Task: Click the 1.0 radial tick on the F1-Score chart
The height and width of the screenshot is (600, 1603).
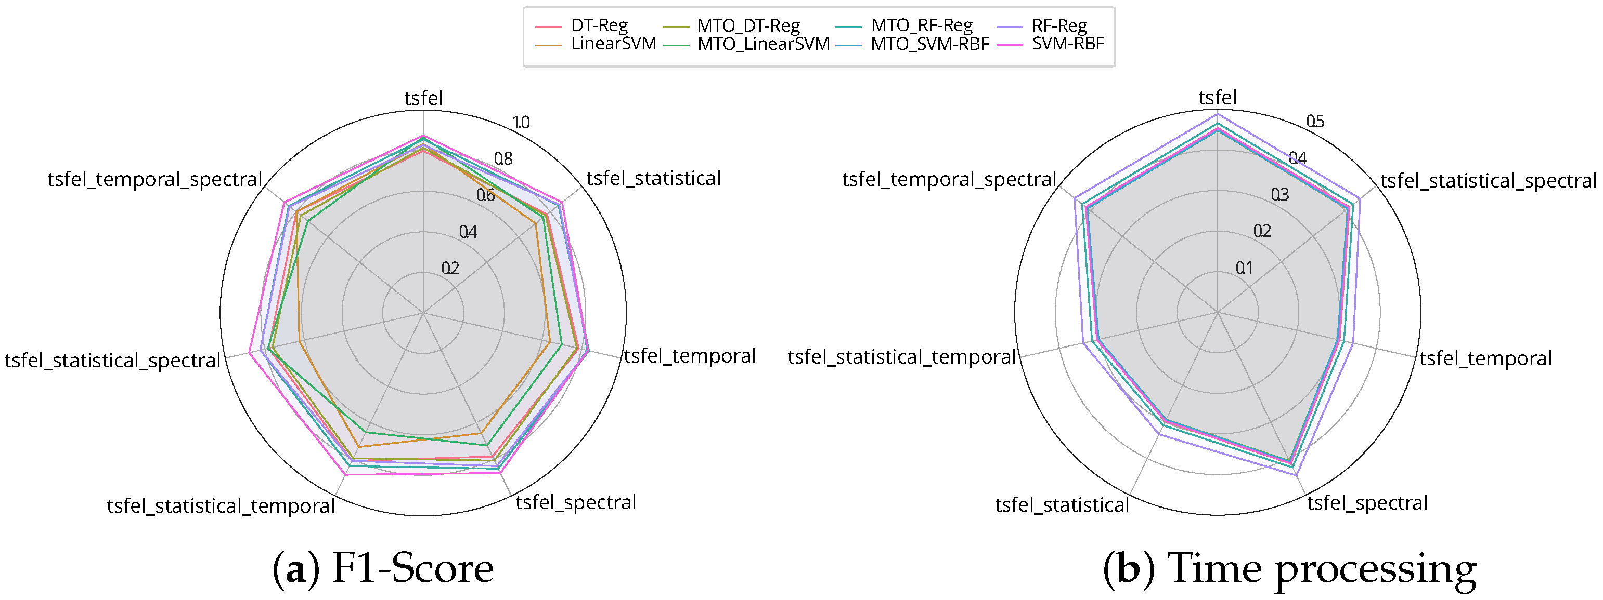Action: (x=520, y=123)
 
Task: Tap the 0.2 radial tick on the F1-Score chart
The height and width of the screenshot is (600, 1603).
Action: (x=450, y=269)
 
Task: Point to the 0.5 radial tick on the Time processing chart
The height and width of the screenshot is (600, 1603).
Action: (x=1315, y=121)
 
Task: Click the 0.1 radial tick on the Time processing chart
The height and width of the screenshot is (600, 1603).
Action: (x=1245, y=268)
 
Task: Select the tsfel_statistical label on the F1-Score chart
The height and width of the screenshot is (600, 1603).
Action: (x=653, y=179)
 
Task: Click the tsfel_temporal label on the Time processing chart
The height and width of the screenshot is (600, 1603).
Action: (x=1485, y=359)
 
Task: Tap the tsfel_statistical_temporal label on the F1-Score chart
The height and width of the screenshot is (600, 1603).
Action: (x=221, y=506)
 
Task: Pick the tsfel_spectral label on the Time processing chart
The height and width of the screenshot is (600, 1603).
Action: (x=1367, y=503)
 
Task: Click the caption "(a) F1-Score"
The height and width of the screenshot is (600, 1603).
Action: (x=383, y=568)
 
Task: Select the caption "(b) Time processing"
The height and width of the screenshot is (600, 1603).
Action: (x=1289, y=568)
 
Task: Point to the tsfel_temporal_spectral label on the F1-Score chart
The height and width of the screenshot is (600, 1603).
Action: (x=155, y=180)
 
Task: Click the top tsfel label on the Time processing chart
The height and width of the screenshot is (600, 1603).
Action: (x=1217, y=98)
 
